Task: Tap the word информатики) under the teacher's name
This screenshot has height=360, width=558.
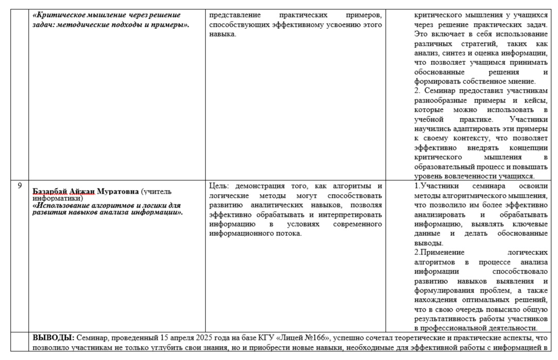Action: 58,198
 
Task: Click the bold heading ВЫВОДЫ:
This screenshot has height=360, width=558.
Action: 53,338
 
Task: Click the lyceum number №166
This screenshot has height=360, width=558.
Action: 315,338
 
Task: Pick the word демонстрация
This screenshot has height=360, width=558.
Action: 260,186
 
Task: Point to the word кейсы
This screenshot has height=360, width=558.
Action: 537,100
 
